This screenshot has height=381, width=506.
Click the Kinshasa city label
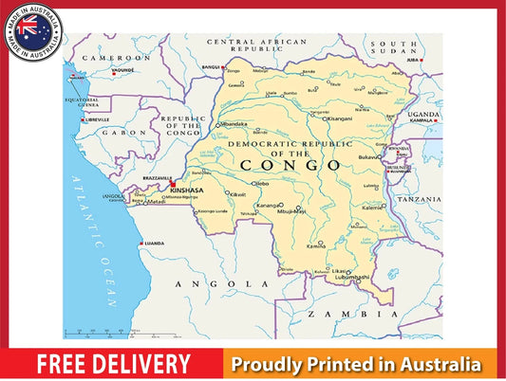point(186,190)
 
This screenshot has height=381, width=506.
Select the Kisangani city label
point(339,118)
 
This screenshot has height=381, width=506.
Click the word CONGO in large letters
point(290,165)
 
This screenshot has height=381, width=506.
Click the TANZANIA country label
point(419,200)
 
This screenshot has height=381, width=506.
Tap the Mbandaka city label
point(235,123)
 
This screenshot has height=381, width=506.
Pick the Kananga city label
point(269,205)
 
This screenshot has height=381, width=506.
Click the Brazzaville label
point(156,178)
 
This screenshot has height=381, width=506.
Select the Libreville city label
point(98,119)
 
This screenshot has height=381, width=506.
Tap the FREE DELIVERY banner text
point(114,364)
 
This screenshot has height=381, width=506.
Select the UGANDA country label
point(423,114)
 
